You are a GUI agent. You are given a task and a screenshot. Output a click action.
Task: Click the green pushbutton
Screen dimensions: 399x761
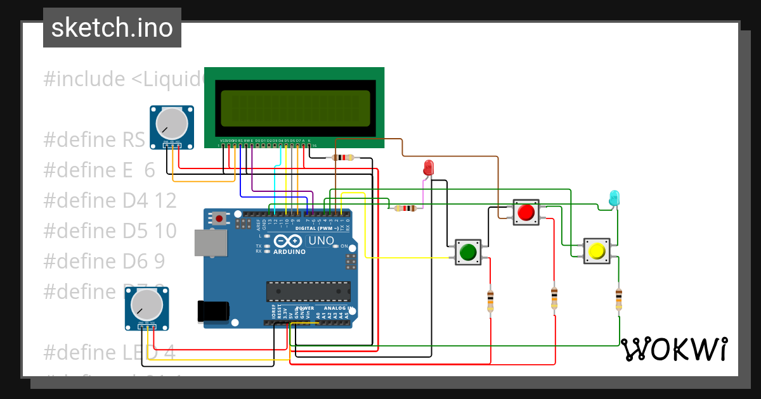click(x=468, y=252)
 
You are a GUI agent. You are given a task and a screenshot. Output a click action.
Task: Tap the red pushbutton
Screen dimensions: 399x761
click(x=525, y=212)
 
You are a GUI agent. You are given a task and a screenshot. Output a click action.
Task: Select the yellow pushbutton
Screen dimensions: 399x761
click(x=596, y=251)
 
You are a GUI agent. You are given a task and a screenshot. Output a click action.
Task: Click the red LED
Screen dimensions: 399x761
click(x=428, y=168)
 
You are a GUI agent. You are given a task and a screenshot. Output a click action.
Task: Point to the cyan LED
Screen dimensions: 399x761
click(x=614, y=197)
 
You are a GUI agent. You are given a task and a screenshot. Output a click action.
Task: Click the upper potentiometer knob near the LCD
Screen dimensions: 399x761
click(x=171, y=123)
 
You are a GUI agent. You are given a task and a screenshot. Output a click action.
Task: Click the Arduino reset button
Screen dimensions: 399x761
click(x=219, y=218)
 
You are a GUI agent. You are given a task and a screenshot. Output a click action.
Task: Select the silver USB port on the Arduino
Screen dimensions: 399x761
click(x=211, y=243)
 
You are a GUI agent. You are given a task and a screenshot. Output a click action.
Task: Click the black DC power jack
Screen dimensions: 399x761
click(x=212, y=310)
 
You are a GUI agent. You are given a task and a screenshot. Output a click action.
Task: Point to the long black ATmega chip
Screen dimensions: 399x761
click(x=308, y=291)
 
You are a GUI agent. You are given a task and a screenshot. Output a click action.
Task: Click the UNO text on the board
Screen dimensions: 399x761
click(x=321, y=241)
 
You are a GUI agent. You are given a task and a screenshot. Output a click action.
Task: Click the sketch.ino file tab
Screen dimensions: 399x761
click(x=112, y=28)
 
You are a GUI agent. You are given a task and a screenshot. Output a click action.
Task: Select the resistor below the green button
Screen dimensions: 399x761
click(x=490, y=300)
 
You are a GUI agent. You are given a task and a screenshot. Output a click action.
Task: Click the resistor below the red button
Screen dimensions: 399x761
click(x=554, y=298)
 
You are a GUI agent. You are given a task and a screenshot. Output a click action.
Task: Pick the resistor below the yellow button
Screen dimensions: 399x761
click(x=619, y=299)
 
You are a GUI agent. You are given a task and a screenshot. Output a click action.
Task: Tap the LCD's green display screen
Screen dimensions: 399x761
click(x=295, y=107)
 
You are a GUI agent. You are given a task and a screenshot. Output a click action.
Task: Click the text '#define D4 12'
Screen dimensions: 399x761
click(x=110, y=200)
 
